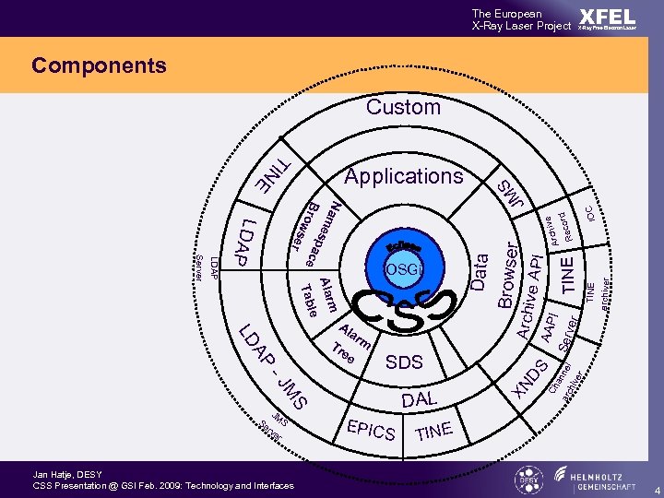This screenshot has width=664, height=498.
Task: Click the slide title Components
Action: tap(99, 65)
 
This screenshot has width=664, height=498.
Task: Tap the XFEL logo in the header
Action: tap(607, 19)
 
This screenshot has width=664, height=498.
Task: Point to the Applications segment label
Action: tap(403, 175)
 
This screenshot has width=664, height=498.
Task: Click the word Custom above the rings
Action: tap(403, 107)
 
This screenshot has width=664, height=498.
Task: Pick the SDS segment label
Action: tap(404, 362)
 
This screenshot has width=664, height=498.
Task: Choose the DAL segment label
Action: tap(420, 399)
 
